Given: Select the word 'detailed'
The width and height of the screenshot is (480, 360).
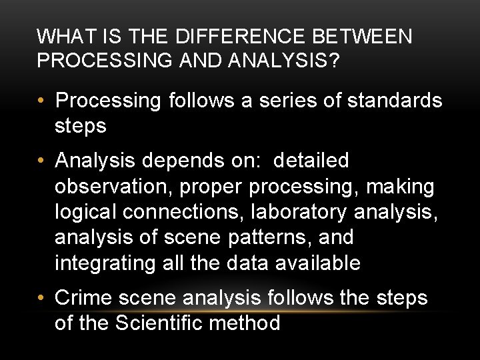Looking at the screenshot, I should [311, 161].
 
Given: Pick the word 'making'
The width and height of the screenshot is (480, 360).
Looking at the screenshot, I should [399, 187].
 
